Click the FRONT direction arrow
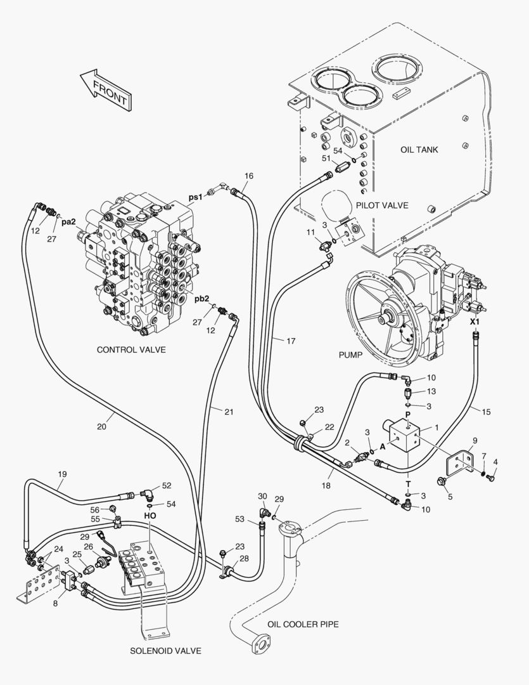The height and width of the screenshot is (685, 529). (105, 89)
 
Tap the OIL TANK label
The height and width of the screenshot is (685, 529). (419, 150)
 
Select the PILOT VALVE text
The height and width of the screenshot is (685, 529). (381, 205)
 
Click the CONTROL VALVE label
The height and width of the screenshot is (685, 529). (131, 350)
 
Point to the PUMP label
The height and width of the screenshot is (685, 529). (350, 355)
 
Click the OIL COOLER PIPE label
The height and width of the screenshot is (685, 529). (302, 625)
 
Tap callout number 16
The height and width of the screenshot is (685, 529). (248, 176)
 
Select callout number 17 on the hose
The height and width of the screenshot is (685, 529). (290, 341)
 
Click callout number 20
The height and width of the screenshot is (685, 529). (101, 427)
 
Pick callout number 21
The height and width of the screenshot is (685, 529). (228, 412)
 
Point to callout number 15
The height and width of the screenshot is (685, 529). (486, 412)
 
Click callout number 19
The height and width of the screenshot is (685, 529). (62, 474)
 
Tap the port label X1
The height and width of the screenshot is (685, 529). (475, 322)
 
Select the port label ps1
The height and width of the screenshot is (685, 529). (195, 197)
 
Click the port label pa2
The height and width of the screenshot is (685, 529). (69, 222)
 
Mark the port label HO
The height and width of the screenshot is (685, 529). (150, 516)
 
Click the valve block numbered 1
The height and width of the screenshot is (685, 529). (402, 438)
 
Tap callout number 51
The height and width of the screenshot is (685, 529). (326, 158)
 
